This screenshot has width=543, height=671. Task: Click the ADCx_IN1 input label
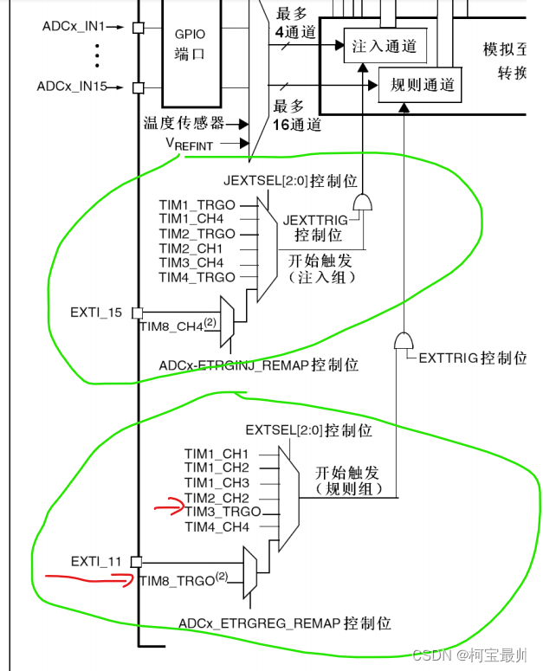point(73,27)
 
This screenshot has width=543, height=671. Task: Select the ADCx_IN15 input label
point(71,87)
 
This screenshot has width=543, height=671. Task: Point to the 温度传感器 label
point(183,124)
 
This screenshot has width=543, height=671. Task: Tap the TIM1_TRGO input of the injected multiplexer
point(197,205)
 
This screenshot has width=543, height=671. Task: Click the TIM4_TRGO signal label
point(197,277)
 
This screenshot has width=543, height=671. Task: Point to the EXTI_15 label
point(96,312)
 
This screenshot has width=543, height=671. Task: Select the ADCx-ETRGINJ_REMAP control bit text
point(258,365)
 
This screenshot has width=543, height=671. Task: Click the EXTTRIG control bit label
point(473,358)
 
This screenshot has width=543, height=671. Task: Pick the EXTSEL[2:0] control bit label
point(308,430)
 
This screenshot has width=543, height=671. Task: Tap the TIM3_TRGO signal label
point(222,513)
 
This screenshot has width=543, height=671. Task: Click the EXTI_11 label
point(96,562)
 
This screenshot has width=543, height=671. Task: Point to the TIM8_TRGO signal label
point(178,581)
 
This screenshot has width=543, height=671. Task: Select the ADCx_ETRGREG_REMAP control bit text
point(285,623)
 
